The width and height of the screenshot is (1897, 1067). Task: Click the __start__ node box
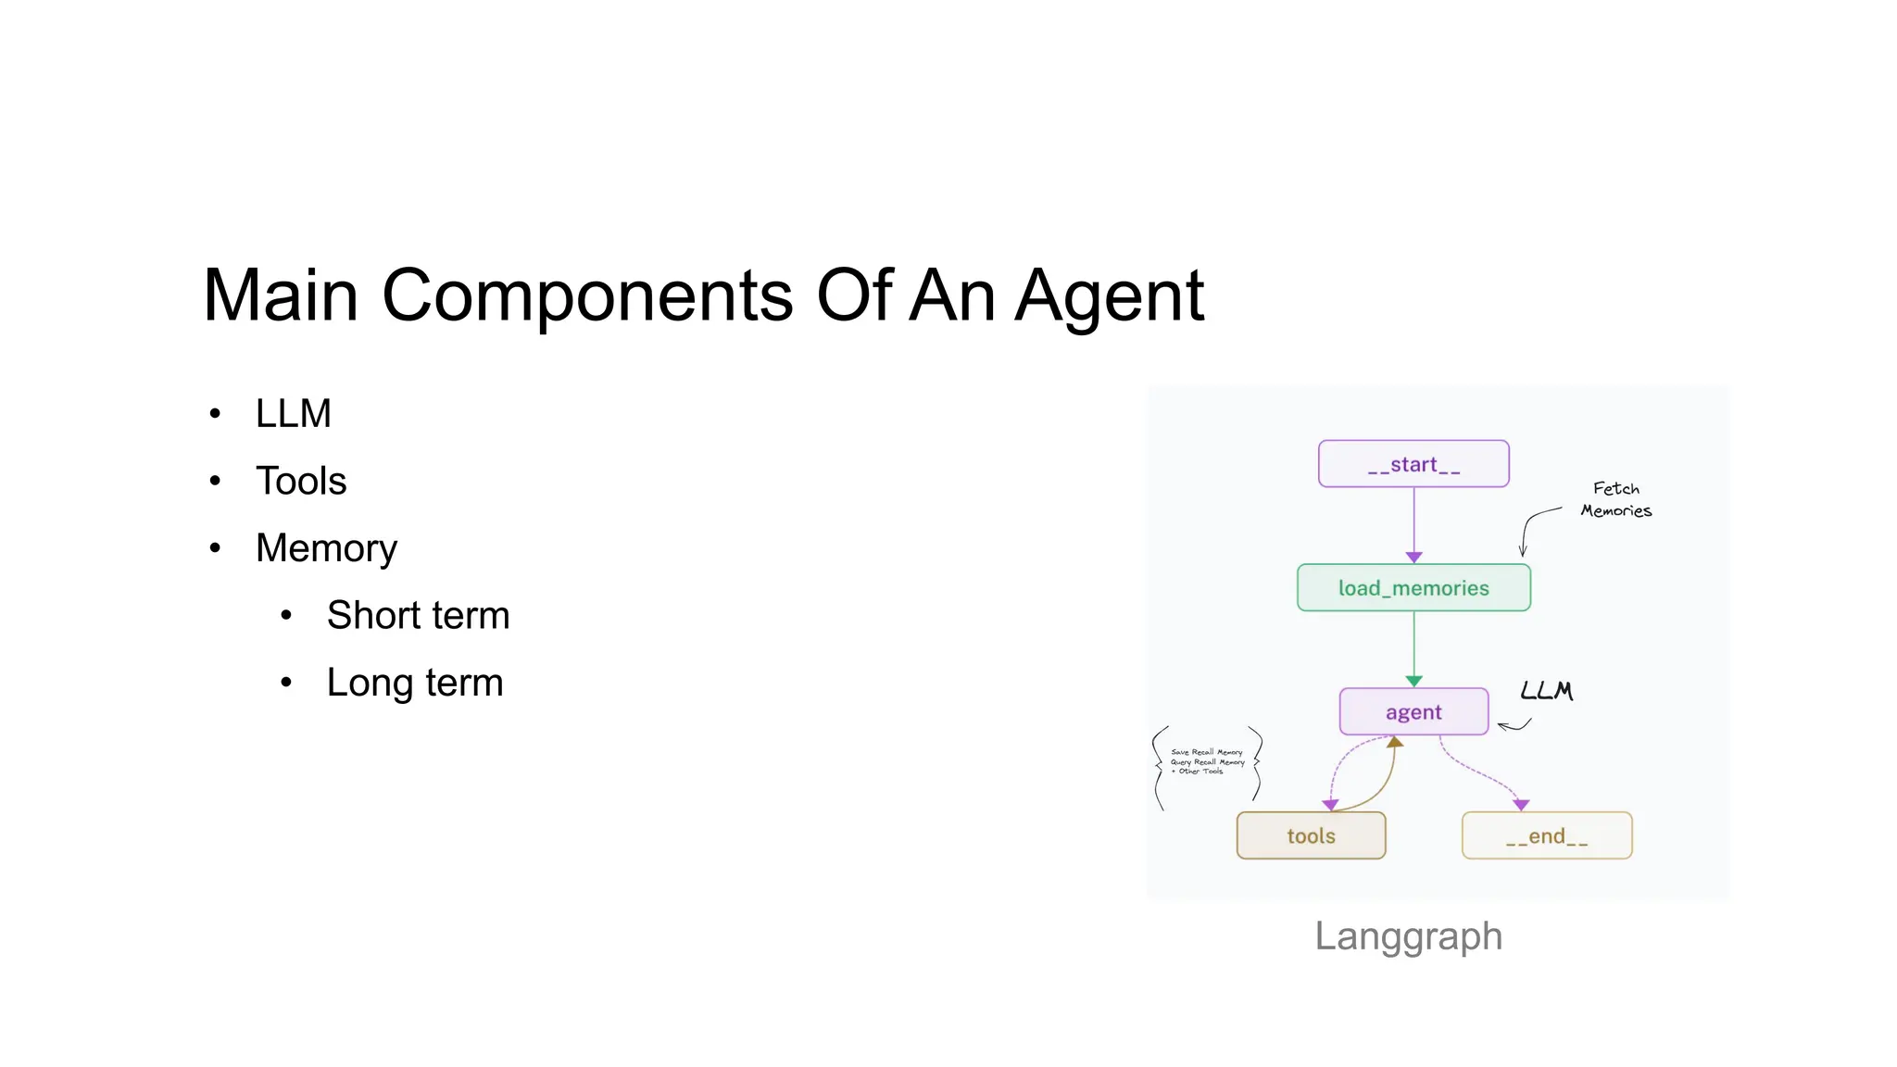(1413, 464)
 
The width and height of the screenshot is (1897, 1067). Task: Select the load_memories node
(1413, 588)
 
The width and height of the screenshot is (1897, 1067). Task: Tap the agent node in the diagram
(1413, 712)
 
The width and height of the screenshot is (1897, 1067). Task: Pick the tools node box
(1311, 835)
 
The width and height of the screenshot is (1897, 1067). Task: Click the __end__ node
(1546, 835)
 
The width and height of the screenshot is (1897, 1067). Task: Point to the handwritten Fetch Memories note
(1615, 499)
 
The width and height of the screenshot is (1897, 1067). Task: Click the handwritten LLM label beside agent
(1546, 691)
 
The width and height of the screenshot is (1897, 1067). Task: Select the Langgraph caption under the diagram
(1408, 935)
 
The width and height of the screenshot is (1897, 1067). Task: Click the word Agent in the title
(1109, 295)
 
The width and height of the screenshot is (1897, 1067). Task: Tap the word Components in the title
(587, 295)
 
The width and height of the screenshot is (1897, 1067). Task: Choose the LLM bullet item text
(293, 413)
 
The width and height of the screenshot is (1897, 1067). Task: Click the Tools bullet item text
(301, 481)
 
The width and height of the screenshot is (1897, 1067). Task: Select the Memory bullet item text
(326, 548)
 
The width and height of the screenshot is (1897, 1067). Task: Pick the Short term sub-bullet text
(418, 615)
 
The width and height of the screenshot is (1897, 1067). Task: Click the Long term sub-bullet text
(414, 683)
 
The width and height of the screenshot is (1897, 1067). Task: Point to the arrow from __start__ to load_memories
(1413, 523)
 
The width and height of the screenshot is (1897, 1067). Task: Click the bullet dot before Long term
(286, 683)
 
